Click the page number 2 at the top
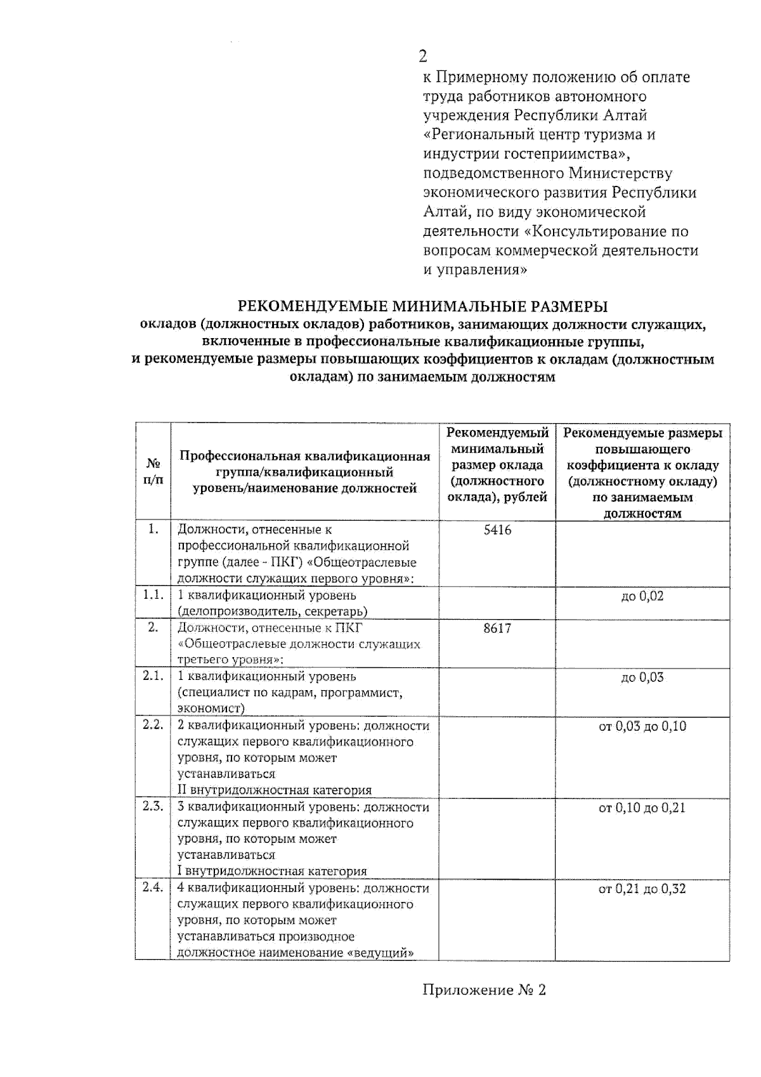[423, 56]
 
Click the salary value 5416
[497, 530]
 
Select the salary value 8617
[497, 628]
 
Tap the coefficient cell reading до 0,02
[642, 596]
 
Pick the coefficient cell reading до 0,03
[642, 677]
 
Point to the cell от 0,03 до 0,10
[642, 726]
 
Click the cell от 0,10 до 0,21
[642, 807]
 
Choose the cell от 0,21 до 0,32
[642, 889]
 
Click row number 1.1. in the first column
[153, 595]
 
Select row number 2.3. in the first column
[153, 806]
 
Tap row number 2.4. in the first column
[153, 887]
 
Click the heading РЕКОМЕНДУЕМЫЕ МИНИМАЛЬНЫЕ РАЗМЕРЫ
[422, 306]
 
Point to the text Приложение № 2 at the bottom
[484, 990]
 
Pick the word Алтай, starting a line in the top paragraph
[444, 212]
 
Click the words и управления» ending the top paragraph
[475, 270]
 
